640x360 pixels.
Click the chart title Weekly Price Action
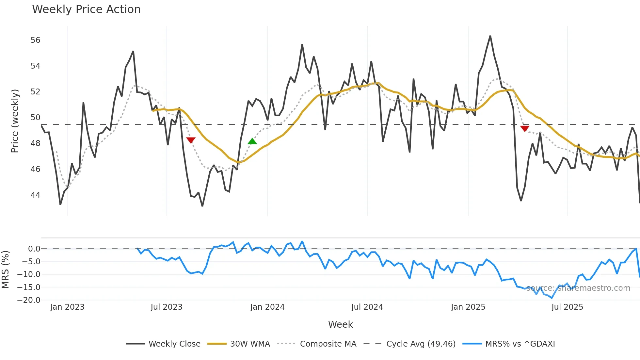(x=86, y=9)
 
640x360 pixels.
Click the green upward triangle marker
(x=252, y=141)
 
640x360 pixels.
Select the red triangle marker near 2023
(x=191, y=140)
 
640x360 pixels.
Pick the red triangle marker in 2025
(x=524, y=129)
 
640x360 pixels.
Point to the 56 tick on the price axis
(x=35, y=40)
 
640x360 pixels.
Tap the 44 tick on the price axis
(x=35, y=195)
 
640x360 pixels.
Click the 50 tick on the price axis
(x=35, y=118)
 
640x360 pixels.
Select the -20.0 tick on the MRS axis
(x=29, y=300)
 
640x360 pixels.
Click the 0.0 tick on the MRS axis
(x=34, y=249)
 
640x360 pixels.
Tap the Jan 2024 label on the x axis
(x=267, y=307)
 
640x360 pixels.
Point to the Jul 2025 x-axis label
(x=567, y=307)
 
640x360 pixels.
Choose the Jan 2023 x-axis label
(x=67, y=307)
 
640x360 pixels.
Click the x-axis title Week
(x=340, y=324)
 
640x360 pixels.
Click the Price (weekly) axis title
(x=15, y=121)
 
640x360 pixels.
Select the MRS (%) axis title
(x=5, y=270)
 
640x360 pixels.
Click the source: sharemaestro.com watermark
(x=578, y=288)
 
